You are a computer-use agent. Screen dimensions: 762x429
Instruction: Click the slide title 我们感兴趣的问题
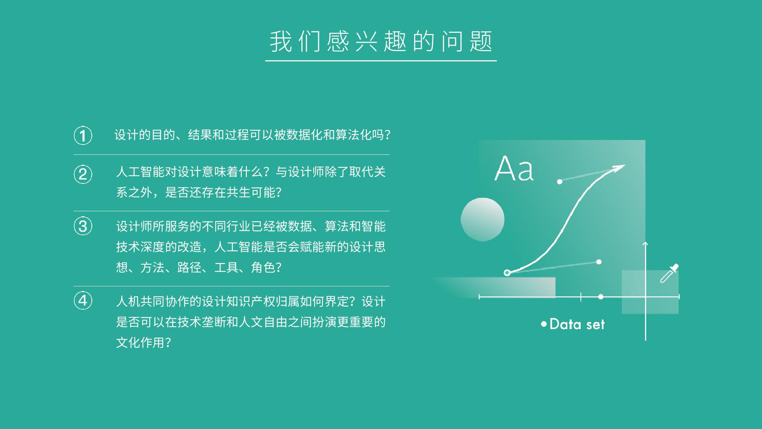tap(381, 41)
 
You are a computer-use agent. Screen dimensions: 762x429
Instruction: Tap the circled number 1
tap(83, 136)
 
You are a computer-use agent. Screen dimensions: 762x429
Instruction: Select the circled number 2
tap(83, 174)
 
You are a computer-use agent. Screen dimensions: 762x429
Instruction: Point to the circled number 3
tap(83, 226)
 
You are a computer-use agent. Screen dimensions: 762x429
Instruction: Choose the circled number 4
tap(83, 300)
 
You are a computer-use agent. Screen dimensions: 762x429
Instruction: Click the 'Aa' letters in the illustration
tap(514, 168)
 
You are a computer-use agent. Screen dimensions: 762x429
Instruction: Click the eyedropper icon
tap(669, 273)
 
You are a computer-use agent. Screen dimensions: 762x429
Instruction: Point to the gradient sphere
tap(482, 219)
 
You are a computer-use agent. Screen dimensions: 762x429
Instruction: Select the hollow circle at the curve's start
tap(507, 273)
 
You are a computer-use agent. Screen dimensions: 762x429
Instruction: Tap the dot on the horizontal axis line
tap(601, 297)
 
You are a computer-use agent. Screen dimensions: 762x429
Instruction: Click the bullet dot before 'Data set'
tap(544, 324)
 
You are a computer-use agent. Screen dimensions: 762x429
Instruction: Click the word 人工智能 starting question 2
tap(141, 172)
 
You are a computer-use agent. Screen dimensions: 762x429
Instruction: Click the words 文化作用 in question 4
tap(141, 342)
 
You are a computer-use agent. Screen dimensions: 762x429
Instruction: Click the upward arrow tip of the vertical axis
tap(645, 243)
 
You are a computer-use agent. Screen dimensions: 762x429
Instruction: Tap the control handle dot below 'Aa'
tap(560, 182)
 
